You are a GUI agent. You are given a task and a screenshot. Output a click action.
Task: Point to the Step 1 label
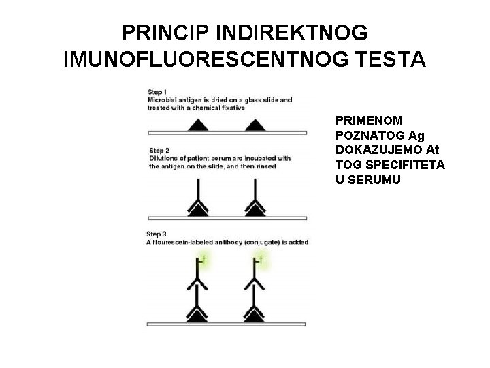(x=158, y=92)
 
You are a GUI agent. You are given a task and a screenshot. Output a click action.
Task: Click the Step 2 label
(x=159, y=150)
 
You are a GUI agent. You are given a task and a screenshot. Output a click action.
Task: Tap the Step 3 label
(x=158, y=234)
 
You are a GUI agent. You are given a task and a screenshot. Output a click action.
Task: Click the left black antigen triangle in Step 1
(x=198, y=125)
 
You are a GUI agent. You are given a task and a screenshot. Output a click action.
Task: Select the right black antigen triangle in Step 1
(x=255, y=125)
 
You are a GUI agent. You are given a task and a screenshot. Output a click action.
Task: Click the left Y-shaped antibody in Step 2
(x=198, y=198)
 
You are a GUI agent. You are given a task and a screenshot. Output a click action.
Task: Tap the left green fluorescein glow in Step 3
(x=202, y=260)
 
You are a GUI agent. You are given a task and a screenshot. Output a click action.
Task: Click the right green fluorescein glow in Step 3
(x=260, y=260)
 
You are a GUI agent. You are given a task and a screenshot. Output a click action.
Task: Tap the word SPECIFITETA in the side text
(x=403, y=165)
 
